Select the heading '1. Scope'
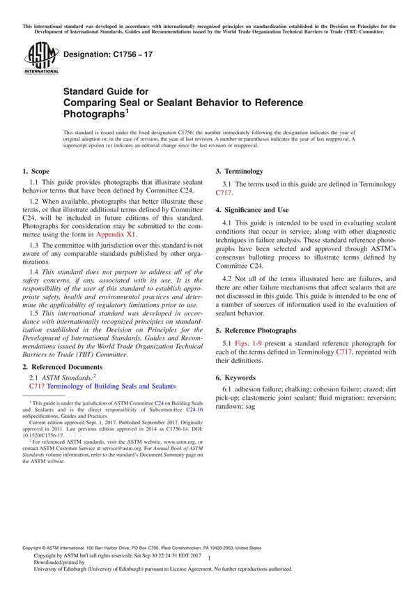(36, 171)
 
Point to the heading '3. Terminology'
(239, 171)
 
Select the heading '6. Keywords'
(238, 377)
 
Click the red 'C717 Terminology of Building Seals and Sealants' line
(102, 385)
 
